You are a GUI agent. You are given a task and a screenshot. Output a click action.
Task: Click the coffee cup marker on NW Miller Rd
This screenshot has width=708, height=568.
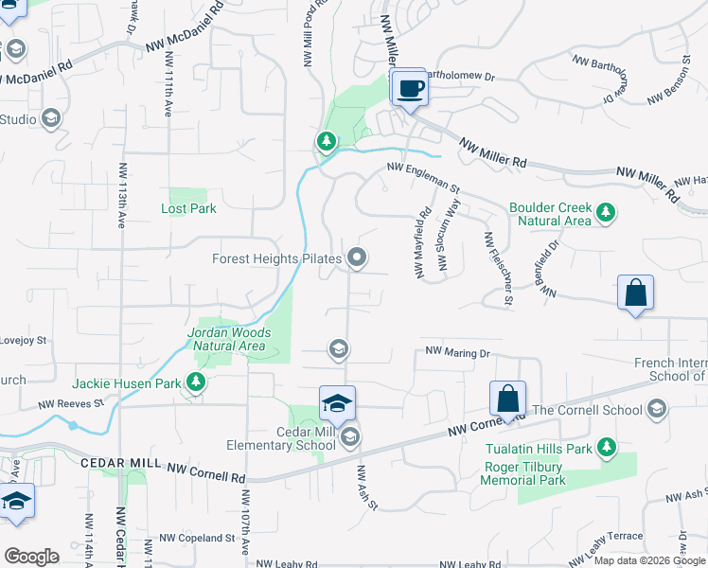409,89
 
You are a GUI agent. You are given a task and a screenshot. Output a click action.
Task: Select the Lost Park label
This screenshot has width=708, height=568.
189,208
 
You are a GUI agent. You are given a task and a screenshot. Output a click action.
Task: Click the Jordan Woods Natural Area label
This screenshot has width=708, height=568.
229,339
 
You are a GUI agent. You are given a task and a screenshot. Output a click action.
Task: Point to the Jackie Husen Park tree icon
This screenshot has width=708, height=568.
196,383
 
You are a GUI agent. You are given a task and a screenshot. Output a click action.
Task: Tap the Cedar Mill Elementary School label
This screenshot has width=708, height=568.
281,437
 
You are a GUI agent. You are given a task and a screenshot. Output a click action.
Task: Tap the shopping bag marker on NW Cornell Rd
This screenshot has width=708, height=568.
507,399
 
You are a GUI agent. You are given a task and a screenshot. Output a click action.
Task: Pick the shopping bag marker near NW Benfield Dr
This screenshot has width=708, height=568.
635,293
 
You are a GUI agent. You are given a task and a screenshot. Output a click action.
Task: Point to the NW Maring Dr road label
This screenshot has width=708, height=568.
457,352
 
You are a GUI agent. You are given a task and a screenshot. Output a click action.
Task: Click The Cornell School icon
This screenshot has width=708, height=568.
657,410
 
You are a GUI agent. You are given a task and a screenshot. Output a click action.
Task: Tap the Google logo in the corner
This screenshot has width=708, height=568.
31,556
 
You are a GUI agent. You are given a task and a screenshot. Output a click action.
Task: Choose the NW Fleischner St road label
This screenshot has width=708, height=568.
499,269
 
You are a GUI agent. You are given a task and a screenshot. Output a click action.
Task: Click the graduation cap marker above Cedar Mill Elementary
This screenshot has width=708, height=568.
337,403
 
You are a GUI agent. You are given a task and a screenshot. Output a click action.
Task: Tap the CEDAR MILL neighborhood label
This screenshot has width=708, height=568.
122,462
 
